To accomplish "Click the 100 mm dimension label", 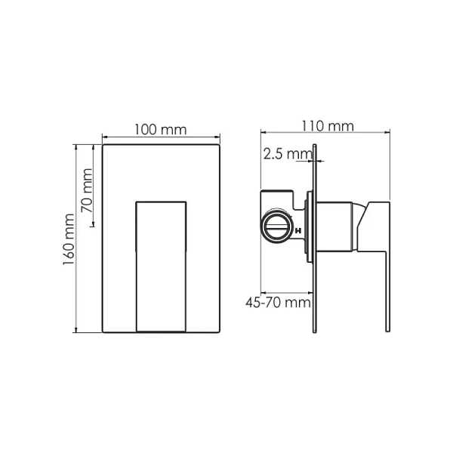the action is point(161,130).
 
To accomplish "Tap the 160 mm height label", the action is point(69,239).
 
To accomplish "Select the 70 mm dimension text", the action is point(87,191).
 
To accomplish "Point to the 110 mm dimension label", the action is point(328,126).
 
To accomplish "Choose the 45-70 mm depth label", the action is point(278,303).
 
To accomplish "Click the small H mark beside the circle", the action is point(298,231).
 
